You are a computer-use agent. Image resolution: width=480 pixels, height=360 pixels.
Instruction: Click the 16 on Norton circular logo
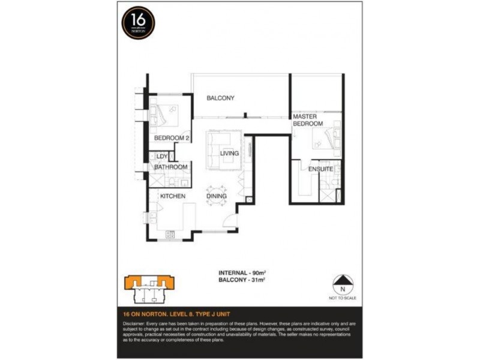(x=139, y=23)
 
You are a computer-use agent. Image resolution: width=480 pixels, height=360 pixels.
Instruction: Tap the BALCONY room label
(x=220, y=98)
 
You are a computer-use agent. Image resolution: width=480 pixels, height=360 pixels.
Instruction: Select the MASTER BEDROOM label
(x=308, y=119)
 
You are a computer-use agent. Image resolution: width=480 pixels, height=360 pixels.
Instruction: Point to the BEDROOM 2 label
(x=172, y=138)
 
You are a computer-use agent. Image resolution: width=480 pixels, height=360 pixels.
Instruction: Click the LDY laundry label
(x=162, y=156)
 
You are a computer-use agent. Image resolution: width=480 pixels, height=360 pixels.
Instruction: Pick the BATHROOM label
(x=171, y=167)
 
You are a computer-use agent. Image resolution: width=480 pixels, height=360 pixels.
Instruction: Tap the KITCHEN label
(x=172, y=196)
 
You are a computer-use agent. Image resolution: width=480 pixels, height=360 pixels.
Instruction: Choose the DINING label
(x=217, y=196)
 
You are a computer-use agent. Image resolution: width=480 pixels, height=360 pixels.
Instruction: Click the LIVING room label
(x=229, y=153)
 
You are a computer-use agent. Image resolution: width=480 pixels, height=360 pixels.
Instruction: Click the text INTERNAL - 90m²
(x=242, y=272)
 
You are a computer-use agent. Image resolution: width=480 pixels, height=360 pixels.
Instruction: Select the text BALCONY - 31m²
(x=242, y=280)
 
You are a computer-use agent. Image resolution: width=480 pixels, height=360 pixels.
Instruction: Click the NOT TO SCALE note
(x=343, y=298)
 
